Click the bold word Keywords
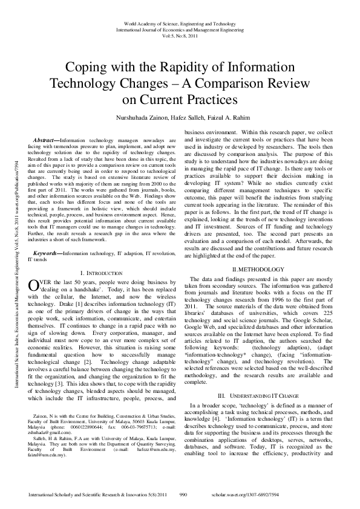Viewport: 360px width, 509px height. click(x=47, y=253)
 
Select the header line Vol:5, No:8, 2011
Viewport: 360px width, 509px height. click(x=180, y=36)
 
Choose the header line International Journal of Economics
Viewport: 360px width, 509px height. click(x=180, y=28)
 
